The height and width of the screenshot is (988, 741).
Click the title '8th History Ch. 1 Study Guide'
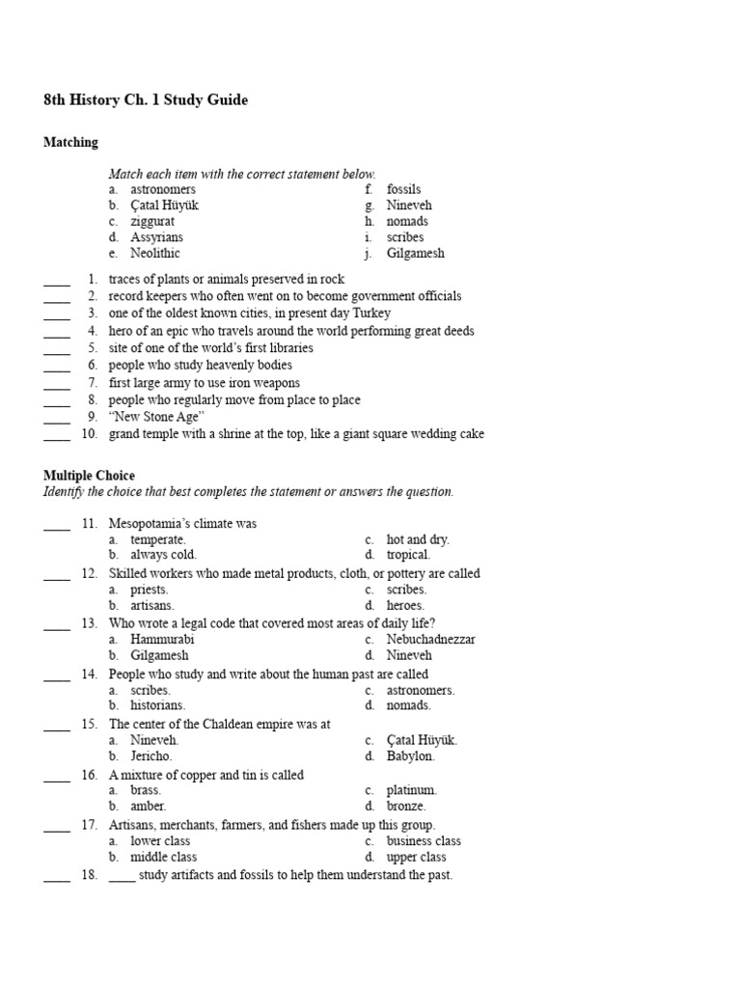coord(146,100)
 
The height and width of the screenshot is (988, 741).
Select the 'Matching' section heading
coord(70,143)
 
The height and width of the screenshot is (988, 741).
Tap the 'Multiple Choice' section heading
coord(89,476)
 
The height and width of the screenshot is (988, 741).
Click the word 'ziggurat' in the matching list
coord(153,221)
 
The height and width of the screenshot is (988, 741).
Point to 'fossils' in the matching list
coord(403,189)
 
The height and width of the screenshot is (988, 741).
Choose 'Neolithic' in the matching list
coord(155,254)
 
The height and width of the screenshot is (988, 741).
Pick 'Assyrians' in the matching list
coord(156,237)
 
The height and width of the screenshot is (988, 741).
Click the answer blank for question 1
coord(57,280)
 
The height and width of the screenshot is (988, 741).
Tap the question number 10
coord(89,434)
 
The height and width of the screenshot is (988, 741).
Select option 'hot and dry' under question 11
coord(418,539)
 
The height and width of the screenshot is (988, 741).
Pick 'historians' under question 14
coord(157,705)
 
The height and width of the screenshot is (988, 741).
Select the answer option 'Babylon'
coord(411,755)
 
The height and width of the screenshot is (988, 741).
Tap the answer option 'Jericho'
coord(151,755)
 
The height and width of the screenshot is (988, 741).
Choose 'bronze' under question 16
coord(406,806)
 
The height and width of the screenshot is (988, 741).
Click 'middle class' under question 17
coord(163,857)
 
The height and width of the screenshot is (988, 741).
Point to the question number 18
coord(89,875)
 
